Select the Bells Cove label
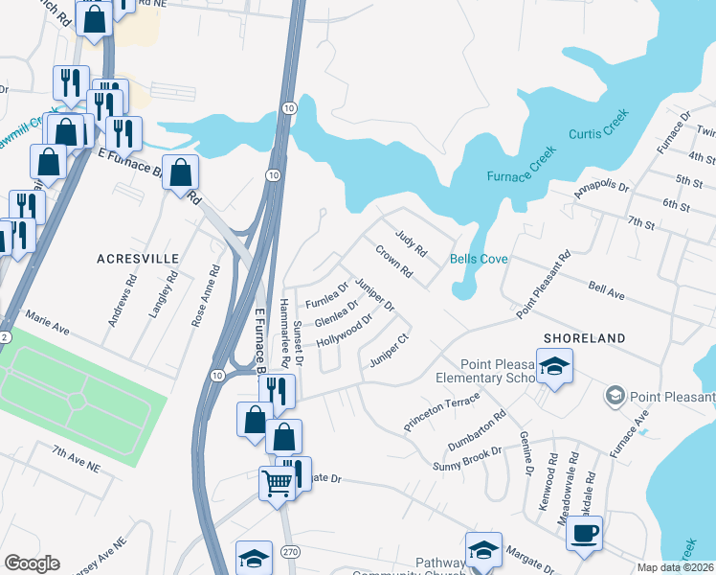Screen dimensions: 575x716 (479, 260)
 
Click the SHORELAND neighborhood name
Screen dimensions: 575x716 (584, 338)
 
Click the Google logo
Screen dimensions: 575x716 (31, 563)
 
